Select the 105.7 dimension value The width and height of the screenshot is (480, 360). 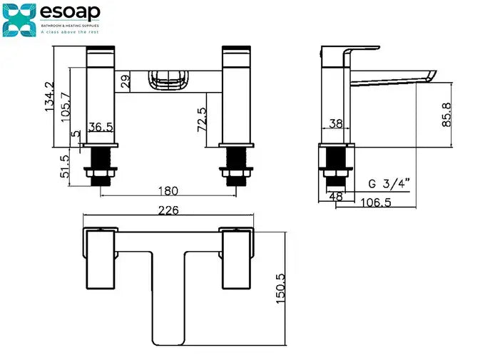pos(66,107)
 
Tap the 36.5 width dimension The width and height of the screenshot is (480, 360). pos(100,127)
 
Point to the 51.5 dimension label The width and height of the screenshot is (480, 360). pos(65,166)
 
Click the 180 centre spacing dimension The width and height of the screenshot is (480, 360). pos(166,190)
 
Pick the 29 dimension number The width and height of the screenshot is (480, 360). pos(125,81)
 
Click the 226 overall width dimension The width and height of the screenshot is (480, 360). pos(167,210)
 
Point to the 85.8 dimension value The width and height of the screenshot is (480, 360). pos(446,114)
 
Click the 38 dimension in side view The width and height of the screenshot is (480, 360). pos(335,123)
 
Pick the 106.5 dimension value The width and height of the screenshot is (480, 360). pos(376,202)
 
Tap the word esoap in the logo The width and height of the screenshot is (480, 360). pos(70,12)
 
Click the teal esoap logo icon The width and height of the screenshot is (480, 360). pos(19,19)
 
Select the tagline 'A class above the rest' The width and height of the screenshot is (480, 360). pos(69,32)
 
